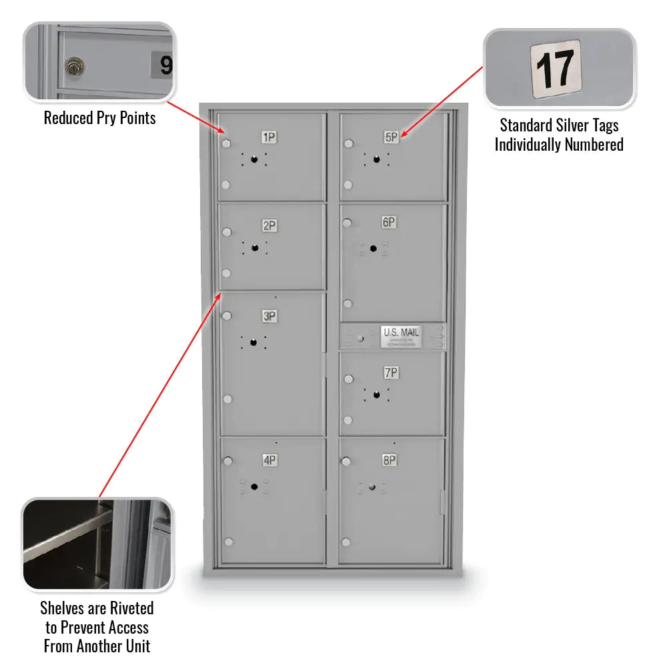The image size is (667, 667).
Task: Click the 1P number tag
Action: click(x=269, y=137)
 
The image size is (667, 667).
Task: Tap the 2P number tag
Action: click(x=269, y=226)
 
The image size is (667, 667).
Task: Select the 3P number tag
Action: click(x=269, y=317)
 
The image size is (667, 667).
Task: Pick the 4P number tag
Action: click(x=269, y=460)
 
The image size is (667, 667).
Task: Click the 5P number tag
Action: click(x=391, y=137)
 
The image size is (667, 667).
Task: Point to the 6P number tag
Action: click(x=390, y=222)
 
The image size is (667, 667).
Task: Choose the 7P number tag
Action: click(x=391, y=373)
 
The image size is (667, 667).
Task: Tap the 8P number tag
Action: click(x=390, y=460)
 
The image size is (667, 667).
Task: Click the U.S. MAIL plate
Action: click(x=400, y=337)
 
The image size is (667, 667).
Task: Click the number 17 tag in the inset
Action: click(x=556, y=69)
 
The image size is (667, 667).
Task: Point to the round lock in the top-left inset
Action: click(x=73, y=67)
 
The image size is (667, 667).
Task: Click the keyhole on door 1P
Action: click(x=253, y=159)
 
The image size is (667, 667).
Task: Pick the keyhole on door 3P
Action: click(x=253, y=343)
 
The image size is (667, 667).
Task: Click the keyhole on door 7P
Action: click(x=376, y=394)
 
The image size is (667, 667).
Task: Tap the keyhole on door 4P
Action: click(x=254, y=486)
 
